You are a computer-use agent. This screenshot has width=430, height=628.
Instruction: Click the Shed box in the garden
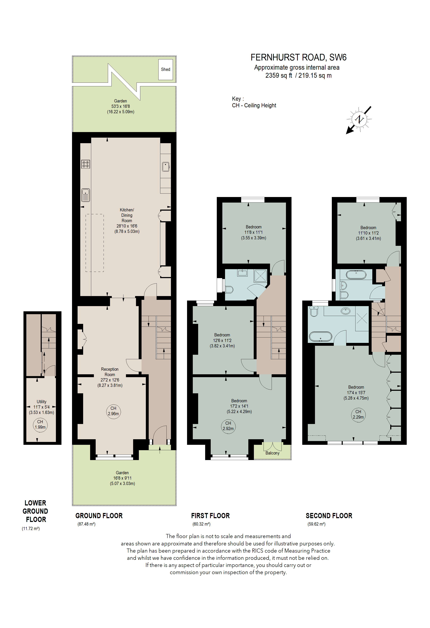(x=165, y=69)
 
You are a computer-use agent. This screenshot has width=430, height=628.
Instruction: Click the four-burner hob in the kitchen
(x=85, y=164)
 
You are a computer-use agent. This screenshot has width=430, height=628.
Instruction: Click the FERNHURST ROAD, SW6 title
(x=298, y=58)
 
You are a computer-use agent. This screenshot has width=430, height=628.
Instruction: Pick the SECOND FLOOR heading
(x=329, y=516)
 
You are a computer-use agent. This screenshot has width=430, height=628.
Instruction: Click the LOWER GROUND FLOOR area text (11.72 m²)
(x=31, y=529)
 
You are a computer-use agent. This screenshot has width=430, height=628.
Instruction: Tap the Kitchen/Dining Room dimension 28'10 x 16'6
(x=127, y=226)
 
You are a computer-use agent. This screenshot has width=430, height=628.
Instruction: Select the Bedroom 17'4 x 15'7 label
(x=356, y=392)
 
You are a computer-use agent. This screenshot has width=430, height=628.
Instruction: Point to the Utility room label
(x=42, y=402)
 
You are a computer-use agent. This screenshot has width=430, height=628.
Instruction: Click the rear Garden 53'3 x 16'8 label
(x=120, y=106)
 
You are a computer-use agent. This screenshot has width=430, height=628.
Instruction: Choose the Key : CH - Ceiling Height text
(x=254, y=102)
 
